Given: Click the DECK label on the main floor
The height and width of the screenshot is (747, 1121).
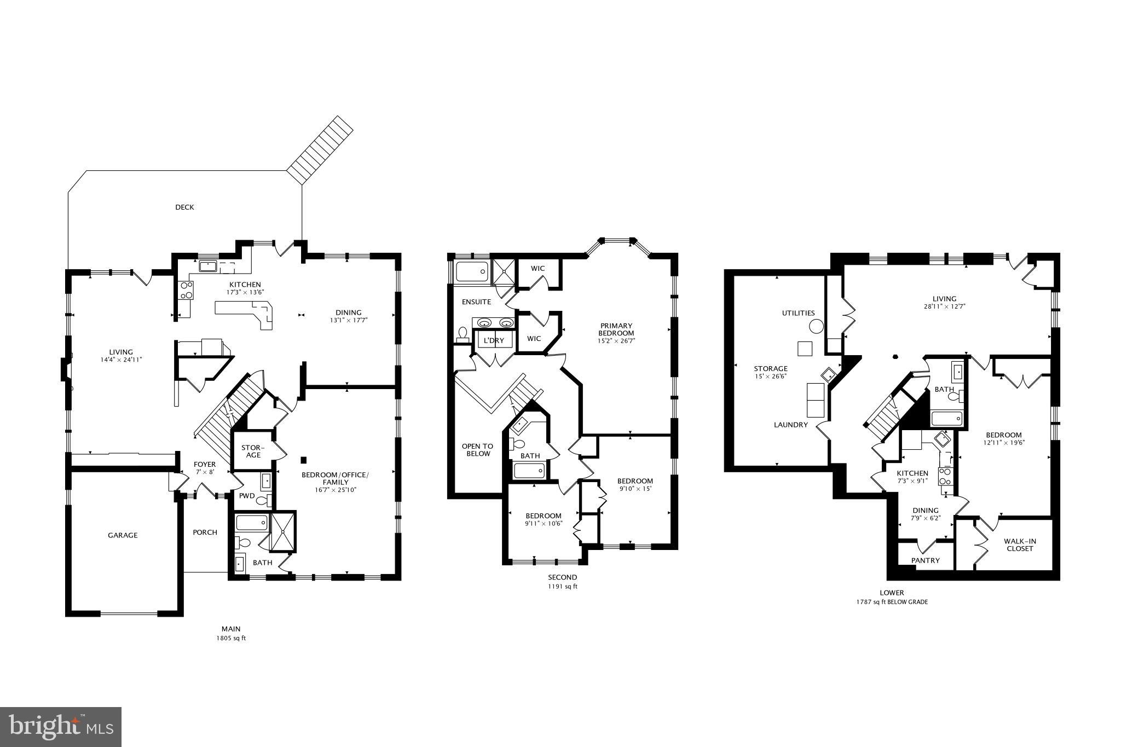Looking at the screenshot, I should coord(184,207).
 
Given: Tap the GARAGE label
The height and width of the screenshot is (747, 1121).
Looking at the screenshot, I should coord(123,535).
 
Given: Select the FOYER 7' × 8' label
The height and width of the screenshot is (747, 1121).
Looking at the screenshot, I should coord(204,468).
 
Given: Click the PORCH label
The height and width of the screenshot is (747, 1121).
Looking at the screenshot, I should coord(205,532).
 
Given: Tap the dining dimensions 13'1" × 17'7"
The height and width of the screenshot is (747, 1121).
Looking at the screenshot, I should coord(348,320).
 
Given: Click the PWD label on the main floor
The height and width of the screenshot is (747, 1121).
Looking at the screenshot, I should coord(247,496).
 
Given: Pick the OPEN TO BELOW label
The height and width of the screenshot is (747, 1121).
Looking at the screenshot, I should coord(477,450).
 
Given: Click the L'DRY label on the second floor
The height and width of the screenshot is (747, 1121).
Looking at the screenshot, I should coord(494,340).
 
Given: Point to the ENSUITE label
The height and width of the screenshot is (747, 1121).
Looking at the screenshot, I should coord(476,302).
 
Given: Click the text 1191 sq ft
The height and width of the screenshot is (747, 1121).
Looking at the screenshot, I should coord(563,587).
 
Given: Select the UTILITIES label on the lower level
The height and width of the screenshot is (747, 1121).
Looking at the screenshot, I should coord(798,313).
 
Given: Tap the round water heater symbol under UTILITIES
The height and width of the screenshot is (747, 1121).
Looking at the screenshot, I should coord(816,327).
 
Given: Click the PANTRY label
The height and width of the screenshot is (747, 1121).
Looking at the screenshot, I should coord(925,560).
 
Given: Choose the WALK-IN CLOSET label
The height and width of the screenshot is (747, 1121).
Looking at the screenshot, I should coord(1020,545).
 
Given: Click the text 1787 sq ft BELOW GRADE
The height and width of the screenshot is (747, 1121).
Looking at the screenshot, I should coord(892,602).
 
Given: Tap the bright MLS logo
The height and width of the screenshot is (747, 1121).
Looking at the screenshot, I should coord(61,727).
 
